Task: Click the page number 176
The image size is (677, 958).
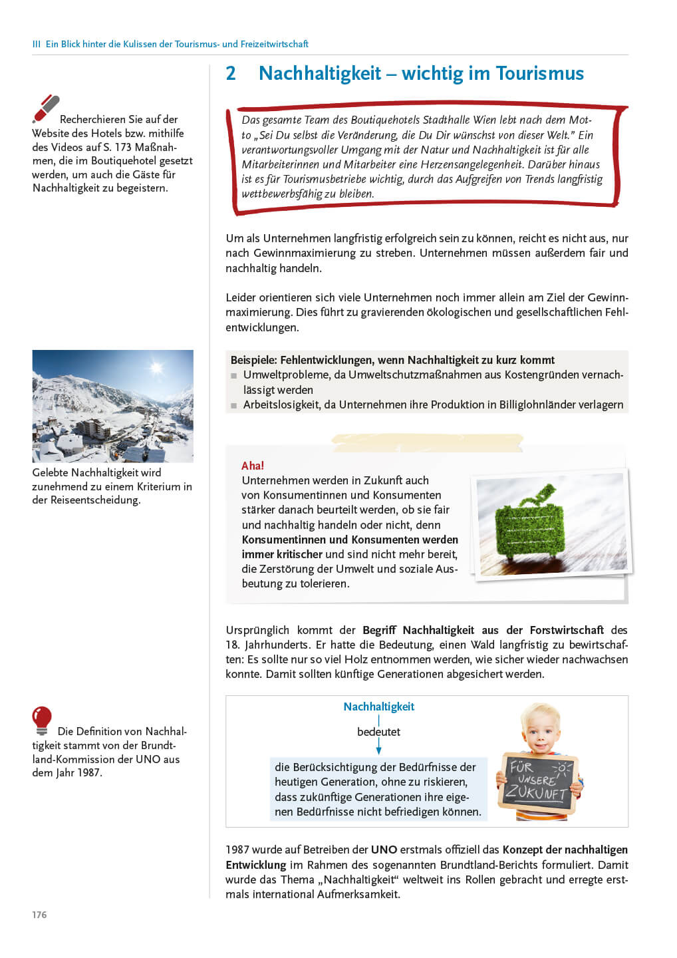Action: point(39,915)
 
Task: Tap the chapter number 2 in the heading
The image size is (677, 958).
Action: point(231,73)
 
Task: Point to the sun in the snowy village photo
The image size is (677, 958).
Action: point(156,367)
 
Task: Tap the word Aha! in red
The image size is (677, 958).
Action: point(253,466)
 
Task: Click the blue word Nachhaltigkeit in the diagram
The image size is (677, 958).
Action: point(378,707)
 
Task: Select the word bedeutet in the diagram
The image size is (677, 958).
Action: point(378,732)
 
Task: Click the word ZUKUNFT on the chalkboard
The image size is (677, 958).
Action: point(535,792)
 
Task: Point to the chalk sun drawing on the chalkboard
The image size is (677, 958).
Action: point(563,769)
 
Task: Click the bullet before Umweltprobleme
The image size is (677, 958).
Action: point(234,376)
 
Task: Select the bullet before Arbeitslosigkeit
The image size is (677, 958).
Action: point(234,405)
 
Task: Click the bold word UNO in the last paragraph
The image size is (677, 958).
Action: point(384,850)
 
